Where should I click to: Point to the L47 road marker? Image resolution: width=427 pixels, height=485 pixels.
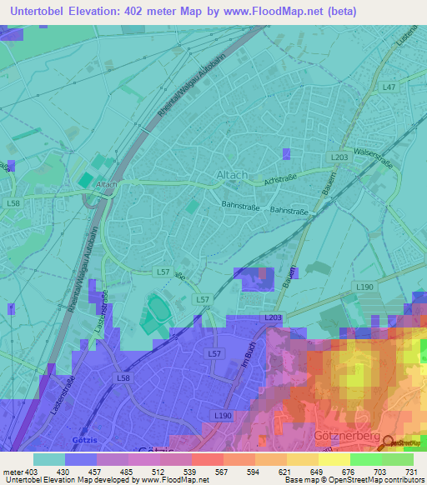pos(389,87)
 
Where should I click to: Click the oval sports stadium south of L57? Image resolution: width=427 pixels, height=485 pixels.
pos(158,316)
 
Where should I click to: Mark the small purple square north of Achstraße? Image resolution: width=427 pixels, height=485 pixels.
pos(287,153)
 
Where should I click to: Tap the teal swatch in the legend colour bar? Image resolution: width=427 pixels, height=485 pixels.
pos(48,459)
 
